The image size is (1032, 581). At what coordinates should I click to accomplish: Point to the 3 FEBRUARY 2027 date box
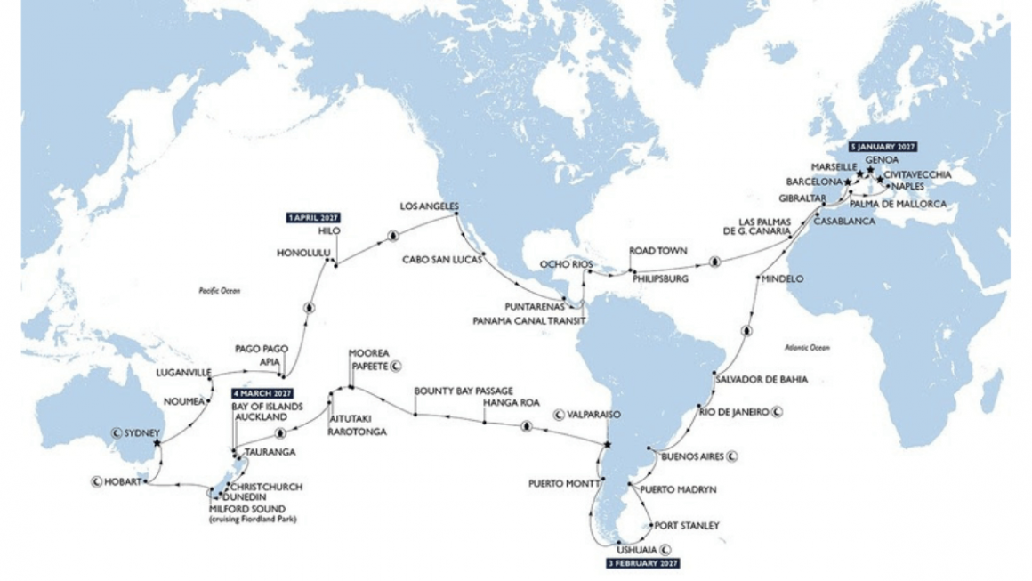(x=642, y=563)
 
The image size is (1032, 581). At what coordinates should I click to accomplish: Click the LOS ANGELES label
(x=428, y=206)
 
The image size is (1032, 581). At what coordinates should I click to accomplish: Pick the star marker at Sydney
(x=157, y=443)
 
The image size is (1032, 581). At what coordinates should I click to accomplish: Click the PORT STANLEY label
(x=685, y=525)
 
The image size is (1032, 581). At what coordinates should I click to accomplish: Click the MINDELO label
(x=783, y=279)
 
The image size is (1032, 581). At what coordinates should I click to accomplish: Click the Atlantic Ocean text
(x=807, y=347)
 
